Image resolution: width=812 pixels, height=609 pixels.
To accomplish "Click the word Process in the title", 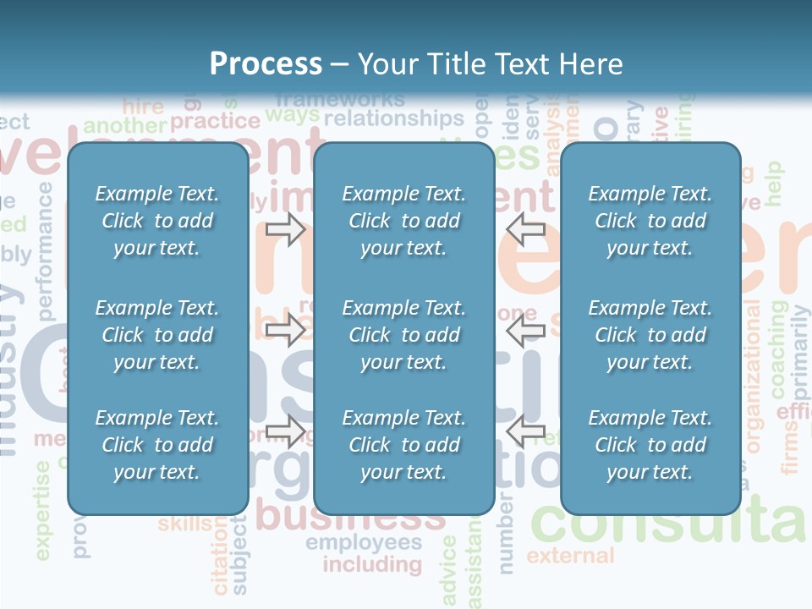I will pos(266,64).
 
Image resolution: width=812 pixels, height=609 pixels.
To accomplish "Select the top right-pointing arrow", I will pos(285,228).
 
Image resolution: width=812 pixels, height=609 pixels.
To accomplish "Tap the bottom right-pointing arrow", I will pos(285,431).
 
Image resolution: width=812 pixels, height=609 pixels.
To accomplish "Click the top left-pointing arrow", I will pos(525,228).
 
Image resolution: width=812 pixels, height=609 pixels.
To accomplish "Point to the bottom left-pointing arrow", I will pos(525,431).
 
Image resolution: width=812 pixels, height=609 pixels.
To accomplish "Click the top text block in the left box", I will pos(157,221).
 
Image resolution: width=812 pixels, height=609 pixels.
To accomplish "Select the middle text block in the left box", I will pos(157,335).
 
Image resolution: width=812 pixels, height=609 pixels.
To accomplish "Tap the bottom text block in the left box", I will pos(157,445).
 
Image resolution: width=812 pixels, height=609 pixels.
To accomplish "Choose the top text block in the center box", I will pos(403,221).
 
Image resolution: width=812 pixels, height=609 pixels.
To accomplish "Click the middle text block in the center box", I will pos(403,335).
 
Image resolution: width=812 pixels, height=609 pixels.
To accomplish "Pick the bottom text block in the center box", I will pos(403,445).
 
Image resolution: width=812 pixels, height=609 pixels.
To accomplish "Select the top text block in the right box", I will pos(650,221).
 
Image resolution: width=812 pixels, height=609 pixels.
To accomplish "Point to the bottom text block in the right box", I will pos(650,445).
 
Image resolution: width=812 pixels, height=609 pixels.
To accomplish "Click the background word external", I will pos(570,556).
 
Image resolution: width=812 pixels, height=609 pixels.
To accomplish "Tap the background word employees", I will pos(364,542).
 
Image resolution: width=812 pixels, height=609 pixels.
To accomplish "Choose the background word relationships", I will pos(394,118).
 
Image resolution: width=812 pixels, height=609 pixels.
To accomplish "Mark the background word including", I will pos(372,564).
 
